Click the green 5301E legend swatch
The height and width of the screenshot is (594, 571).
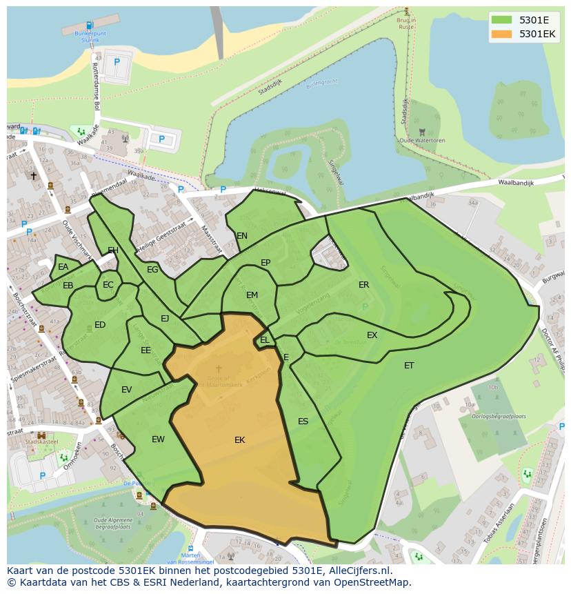point(501,20)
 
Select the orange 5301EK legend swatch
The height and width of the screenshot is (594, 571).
point(501,34)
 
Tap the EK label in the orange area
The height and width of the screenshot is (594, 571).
point(239,440)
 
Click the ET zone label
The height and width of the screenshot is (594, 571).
point(409,366)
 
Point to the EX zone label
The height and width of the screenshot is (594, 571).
point(372,335)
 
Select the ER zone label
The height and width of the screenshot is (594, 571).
point(363,285)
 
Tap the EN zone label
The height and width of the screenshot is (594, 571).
point(242,236)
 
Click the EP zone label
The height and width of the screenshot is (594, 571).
point(266,263)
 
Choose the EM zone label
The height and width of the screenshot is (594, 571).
point(252,295)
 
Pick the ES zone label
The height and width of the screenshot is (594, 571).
point(303,422)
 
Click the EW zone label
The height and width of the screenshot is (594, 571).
point(158,439)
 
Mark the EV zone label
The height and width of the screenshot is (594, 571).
point(126,390)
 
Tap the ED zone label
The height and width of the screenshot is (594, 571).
point(100,325)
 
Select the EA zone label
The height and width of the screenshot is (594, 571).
point(63,267)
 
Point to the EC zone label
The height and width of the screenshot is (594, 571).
point(108,285)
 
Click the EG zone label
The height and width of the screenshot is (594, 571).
point(152,270)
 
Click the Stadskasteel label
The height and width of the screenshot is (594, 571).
point(41,442)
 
